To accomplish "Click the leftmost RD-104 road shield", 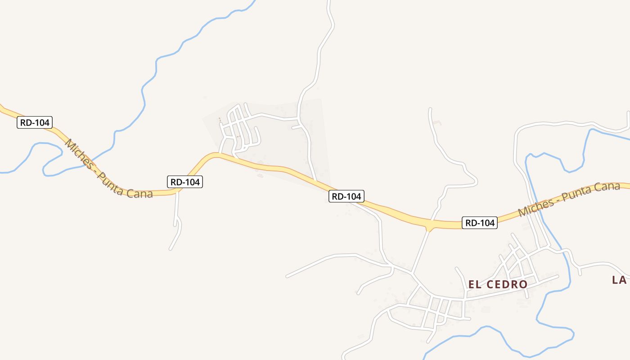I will [35, 122].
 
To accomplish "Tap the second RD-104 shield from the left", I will [185, 182].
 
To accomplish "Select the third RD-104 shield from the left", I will [346, 196].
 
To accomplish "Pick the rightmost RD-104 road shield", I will [480, 223].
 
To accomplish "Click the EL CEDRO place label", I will [498, 284].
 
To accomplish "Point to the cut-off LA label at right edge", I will [620, 280].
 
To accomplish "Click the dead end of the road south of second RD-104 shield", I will [171, 249].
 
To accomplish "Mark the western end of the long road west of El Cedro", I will [287, 276].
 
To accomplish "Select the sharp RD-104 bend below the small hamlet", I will [214, 155].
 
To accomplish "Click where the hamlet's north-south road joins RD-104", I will [315, 181].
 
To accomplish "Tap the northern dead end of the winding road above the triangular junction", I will [430, 109].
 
